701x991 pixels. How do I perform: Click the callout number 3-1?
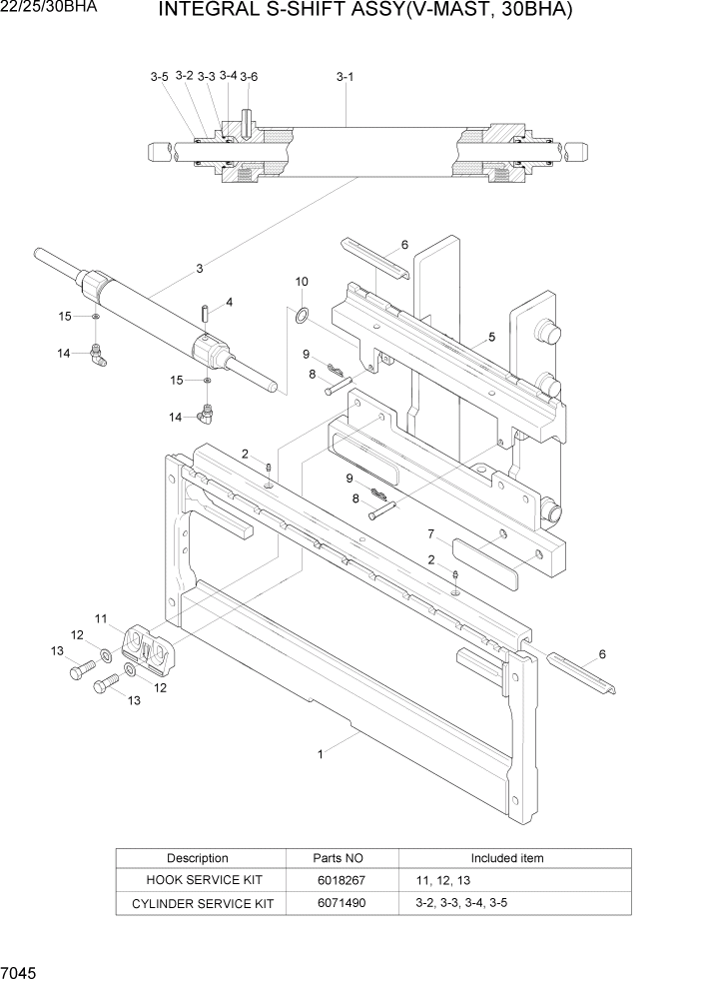[345, 76]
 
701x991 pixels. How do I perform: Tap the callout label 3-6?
[249, 77]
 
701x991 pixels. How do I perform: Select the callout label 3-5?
[160, 77]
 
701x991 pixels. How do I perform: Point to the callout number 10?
[302, 282]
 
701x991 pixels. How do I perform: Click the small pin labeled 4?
[204, 314]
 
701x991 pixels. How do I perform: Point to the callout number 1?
[320, 754]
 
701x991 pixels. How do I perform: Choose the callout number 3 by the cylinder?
[200, 268]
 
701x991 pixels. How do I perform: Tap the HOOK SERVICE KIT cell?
[198, 880]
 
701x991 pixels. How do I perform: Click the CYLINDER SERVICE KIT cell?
[198, 903]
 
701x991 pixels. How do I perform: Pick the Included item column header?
[507, 858]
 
